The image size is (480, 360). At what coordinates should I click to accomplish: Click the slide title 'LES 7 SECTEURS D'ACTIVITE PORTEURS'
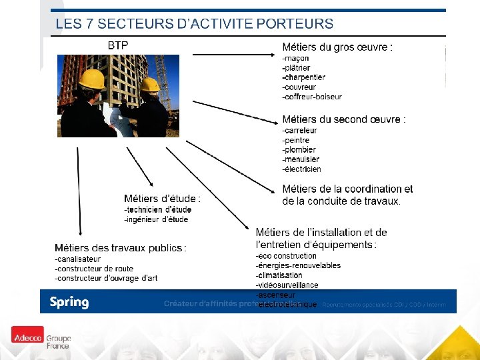pyautogui.click(x=194, y=25)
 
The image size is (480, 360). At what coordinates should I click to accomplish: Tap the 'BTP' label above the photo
pyautogui.click(x=118, y=45)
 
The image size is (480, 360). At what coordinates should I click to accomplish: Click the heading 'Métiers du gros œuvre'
pyautogui.click(x=337, y=47)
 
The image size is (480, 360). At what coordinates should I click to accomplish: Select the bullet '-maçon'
pyautogui.click(x=296, y=58)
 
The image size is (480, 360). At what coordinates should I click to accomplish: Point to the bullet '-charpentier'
pyautogui.click(x=304, y=77)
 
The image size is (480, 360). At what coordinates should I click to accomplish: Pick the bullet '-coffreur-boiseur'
pyautogui.click(x=312, y=97)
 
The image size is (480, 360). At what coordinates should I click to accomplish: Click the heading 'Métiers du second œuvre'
pyautogui.click(x=343, y=119)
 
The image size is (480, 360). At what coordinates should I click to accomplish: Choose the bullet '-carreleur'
pyautogui.click(x=300, y=131)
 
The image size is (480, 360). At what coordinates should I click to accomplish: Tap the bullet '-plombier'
pyautogui.click(x=299, y=150)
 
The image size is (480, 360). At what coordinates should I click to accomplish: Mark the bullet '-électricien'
pyautogui.click(x=302, y=169)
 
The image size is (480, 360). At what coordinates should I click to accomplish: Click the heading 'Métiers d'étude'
pyautogui.click(x=162, y=199)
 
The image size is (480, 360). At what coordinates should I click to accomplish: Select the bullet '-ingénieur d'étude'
pyautogui.click(x=156, y=219)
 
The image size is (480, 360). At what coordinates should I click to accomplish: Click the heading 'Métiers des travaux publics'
pyautogui.click(x=120, y=248)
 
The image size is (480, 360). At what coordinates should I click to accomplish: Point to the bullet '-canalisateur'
pyautogui.click(x=78, y=259)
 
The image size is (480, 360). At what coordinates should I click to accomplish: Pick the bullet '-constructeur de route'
pyautogui.click(x=94, y=269)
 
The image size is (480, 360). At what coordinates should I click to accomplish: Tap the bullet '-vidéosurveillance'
pyautogui.click(x=287, y=285)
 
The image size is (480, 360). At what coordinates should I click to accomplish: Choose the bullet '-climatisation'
pyautogui.click(x=279, y=275)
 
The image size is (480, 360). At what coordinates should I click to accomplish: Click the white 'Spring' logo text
pyautogui.click(x=69, y=302)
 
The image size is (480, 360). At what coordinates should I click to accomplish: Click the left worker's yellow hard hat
pyautogui.click(x=91, y=79)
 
